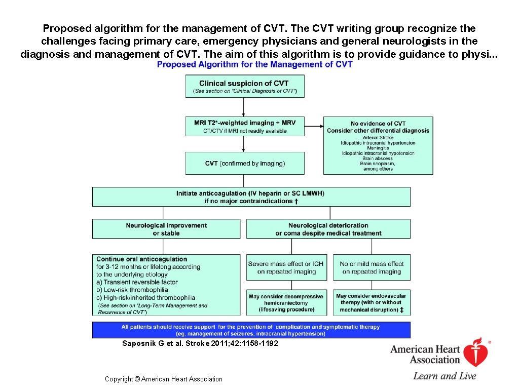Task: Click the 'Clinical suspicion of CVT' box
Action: point(244,87)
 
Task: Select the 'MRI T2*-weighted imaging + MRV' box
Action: point(245,126)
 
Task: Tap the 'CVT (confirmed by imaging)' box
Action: point(245,163)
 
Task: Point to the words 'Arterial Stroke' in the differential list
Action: point(378,138)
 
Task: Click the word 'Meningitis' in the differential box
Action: point(378,148)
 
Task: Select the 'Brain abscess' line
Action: point(378,159)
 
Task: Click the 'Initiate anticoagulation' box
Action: point(251,197)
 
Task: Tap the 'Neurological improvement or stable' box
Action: point(166,229)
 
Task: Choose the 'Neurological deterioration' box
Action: point(328,229)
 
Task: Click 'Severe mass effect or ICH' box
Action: point(286,267)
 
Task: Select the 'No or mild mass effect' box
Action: point(372,267)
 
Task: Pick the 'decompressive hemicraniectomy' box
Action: point(286,303)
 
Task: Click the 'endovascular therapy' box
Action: point(372,303)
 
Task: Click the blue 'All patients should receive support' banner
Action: point(251,330)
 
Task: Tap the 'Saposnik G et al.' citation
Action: point(200,343)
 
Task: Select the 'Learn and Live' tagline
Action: point(444,376)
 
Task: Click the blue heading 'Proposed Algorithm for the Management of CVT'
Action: point(254,64)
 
